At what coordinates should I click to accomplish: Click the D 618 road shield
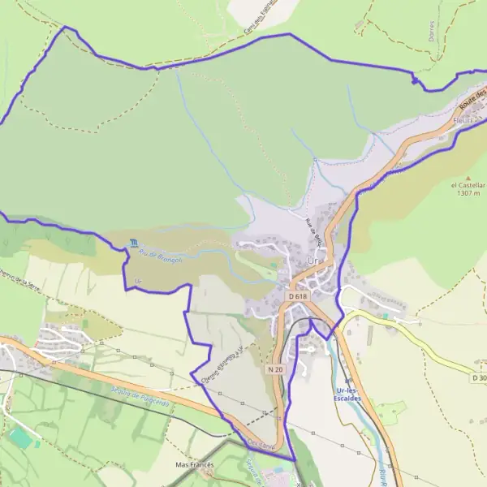tap(298, 297)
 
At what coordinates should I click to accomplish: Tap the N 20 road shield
tap(275, 368)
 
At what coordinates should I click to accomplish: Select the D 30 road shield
tap(479, 377)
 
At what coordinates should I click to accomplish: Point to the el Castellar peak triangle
tap(468, 176)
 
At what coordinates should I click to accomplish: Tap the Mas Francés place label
tap(194, 465)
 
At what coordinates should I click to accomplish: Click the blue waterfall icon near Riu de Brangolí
tap(133, 243)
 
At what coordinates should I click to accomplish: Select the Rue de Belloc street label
tap(314, 231)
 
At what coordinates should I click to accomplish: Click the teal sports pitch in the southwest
tap(22, 437)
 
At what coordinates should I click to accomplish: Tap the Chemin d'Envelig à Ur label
tap(218, 361)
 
